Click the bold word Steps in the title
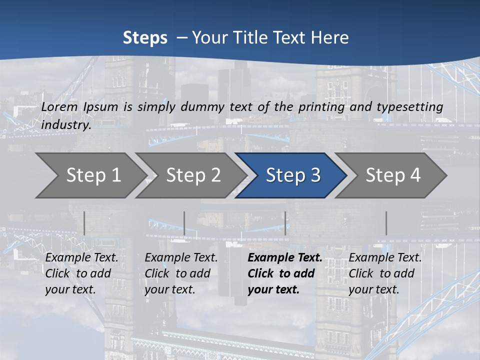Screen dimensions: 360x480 [145, 38]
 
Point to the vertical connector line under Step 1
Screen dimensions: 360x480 [84, 223]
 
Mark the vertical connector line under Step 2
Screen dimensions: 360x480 [184, 223]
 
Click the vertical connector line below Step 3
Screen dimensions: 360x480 [285, 223]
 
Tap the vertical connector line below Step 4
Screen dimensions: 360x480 [386, 223]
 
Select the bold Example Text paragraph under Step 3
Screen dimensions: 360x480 [284, 273]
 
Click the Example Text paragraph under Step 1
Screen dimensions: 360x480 [81, 273]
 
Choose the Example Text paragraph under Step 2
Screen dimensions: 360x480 [181, 273]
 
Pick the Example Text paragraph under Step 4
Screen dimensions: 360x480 [385, 273]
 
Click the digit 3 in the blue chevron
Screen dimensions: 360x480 [314, 175]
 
